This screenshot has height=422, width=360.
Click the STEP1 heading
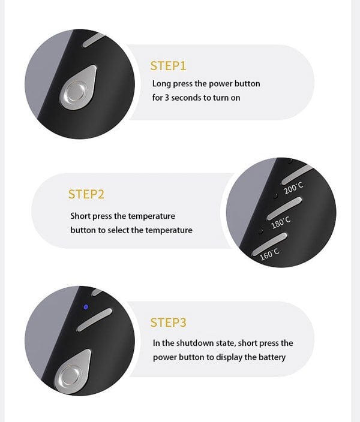[x=168, y=65]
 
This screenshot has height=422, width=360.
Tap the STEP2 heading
[x=86, y=194]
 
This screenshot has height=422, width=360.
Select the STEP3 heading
[x=168, y=322]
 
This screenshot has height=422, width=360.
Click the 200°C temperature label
[x=293, y=188]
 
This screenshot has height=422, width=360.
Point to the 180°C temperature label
[x=281, y=222]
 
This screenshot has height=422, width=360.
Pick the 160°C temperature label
[x=269, y=254]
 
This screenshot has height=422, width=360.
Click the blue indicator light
[x=86, y=307]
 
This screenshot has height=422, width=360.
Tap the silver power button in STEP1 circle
[x=76, y=92]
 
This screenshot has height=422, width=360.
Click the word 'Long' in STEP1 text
[x=161, y=84]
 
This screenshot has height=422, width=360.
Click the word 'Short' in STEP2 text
[x=81, y=216]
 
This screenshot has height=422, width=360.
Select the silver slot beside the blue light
[x=95, y=318]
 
